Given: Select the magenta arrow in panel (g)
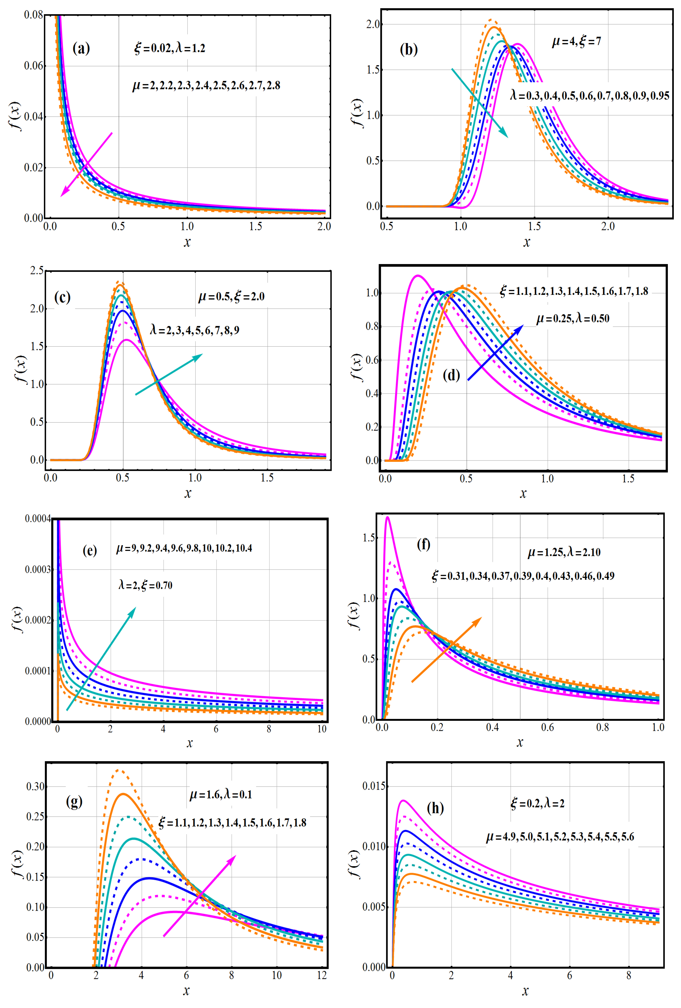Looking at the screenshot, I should (x=200, y=896).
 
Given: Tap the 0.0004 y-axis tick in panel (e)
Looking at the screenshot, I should (x=38, y=519).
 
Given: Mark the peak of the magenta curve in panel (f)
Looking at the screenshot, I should (x=387, y=517).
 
